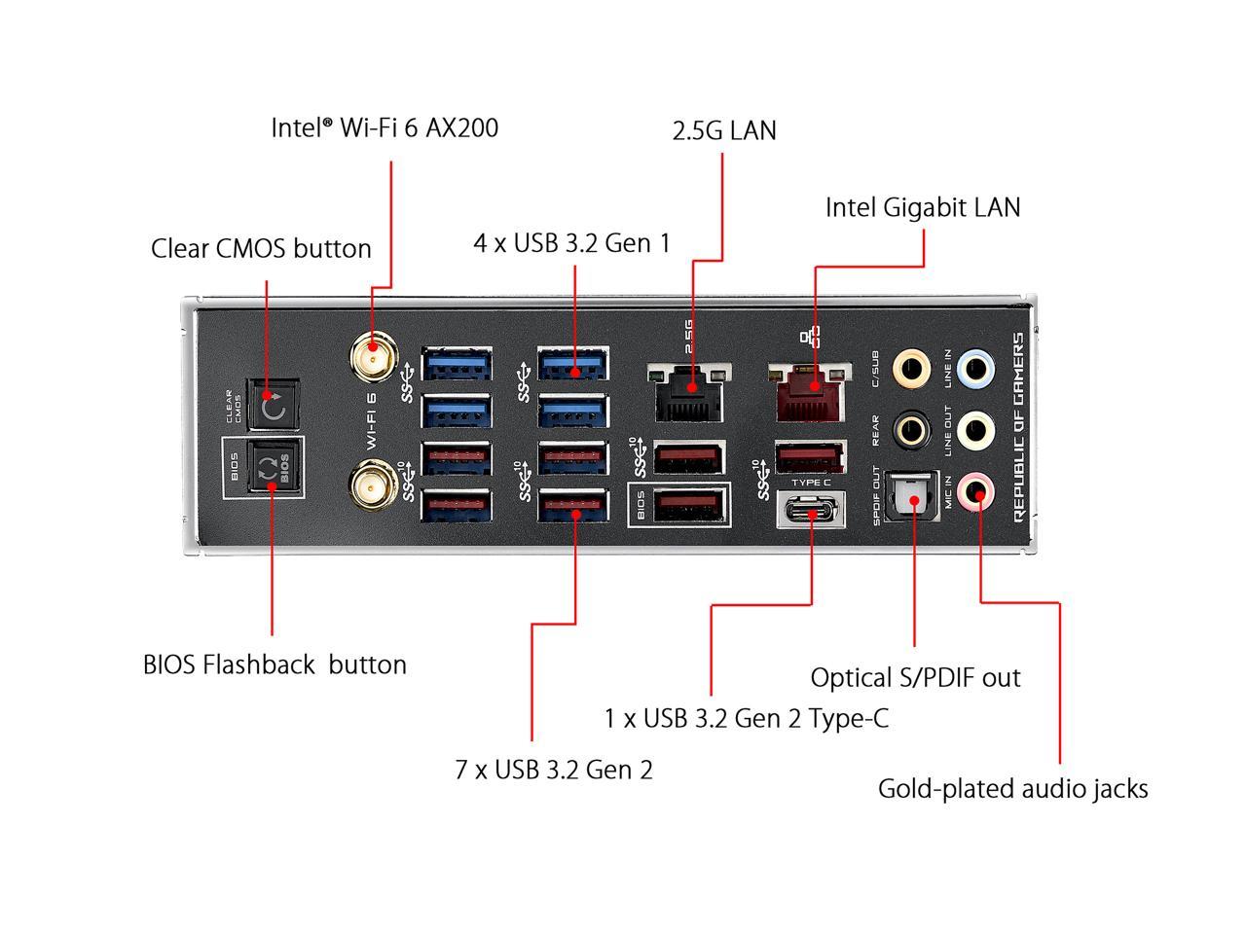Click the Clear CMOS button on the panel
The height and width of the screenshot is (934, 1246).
(274, 404)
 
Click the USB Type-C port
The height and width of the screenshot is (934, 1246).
(811, 510)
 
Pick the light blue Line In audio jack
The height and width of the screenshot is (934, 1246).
(976, 368)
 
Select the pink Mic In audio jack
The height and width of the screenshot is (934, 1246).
(976, 489)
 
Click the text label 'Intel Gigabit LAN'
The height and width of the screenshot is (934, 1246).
(923, 207)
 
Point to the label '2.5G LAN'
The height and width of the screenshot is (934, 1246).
(724, 131)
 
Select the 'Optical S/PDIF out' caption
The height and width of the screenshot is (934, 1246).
(915, 677)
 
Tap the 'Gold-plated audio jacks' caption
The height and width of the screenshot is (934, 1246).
(1012, 788)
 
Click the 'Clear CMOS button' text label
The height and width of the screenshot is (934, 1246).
(261, 248)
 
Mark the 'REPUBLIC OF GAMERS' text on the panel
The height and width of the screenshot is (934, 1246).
(1018, 427)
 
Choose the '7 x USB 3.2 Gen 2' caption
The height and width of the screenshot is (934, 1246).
(554, 770)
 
